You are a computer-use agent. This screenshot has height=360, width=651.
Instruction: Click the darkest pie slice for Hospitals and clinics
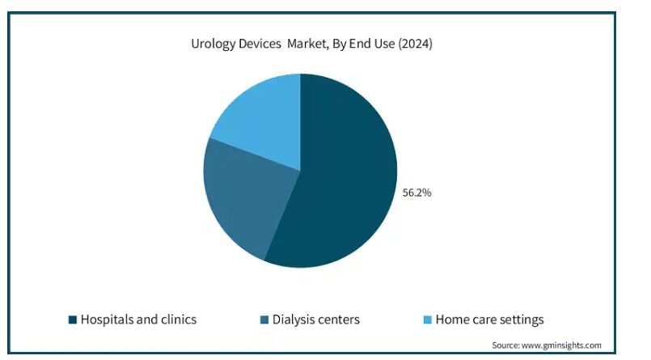click(340, 179)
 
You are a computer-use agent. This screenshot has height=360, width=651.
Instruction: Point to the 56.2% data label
click(416, 193)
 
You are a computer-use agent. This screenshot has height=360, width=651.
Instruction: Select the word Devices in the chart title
click(260, 44)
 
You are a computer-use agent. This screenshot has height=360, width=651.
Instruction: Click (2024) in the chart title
click(415, 44)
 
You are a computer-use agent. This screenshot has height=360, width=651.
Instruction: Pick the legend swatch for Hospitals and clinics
click(73, 320)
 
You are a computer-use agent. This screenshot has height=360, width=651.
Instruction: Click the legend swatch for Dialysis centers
click(264, 320)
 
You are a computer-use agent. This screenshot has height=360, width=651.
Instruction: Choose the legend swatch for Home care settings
click(428, 320)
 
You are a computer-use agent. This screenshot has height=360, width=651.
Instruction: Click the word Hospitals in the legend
click(107, 320)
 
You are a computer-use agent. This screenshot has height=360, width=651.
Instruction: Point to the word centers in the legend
click(338, 320)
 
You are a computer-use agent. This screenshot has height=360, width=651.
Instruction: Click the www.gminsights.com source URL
click(561, 345)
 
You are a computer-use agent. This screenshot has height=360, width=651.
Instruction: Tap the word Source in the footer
click(505, 345)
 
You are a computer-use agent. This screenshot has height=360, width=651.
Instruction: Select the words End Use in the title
click(372, 44)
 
